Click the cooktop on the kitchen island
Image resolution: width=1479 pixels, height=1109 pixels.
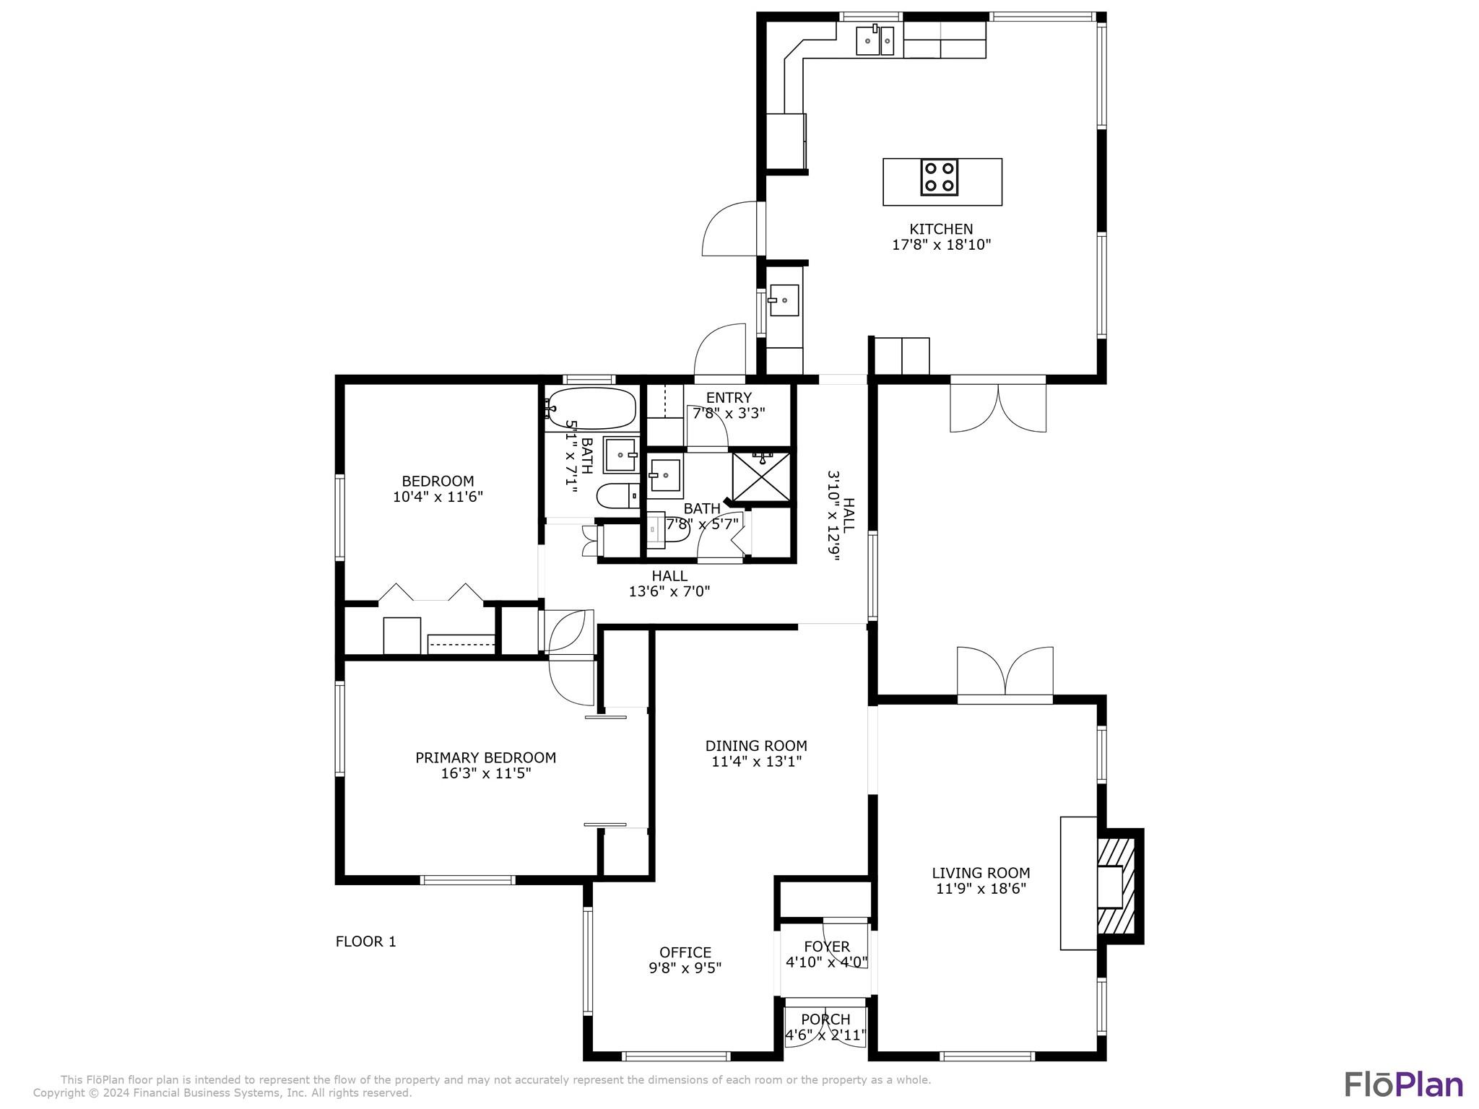(939, 178)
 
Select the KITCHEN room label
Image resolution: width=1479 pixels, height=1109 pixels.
(941, 229)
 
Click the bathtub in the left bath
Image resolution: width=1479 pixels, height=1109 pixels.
(591, 409)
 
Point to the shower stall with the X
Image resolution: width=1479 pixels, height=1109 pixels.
(761, 475)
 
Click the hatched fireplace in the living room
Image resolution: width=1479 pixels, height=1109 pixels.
(1116, 886)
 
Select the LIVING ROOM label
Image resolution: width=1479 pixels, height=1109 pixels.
(981, 873)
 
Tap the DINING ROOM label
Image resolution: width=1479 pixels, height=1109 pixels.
(756, 746)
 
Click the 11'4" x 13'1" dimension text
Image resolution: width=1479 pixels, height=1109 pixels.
(757, 761)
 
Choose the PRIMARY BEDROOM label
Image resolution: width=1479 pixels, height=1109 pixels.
(485, 757)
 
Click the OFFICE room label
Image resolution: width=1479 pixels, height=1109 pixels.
(685, 952)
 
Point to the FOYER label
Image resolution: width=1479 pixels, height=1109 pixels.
(827, 947)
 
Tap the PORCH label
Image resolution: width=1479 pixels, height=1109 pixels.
(825, 1019)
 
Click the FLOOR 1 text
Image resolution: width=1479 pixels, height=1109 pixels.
(366, 941)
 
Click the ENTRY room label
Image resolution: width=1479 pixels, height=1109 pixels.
(729, 398)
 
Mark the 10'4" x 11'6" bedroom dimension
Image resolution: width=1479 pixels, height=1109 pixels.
(438, 497)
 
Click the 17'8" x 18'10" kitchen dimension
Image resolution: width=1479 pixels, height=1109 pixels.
(941, 245)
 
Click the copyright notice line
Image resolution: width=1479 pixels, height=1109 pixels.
(222, 1093)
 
